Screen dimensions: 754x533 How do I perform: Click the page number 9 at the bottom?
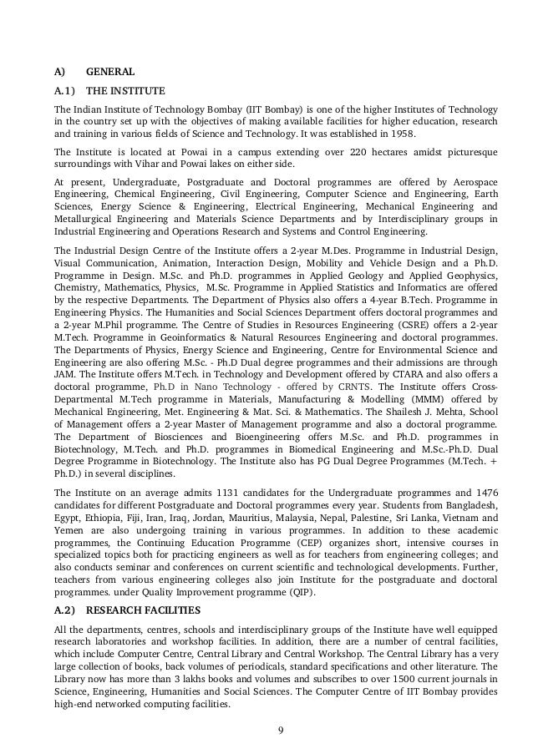(281, 732)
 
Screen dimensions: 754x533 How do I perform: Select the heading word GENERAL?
(111, 71)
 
